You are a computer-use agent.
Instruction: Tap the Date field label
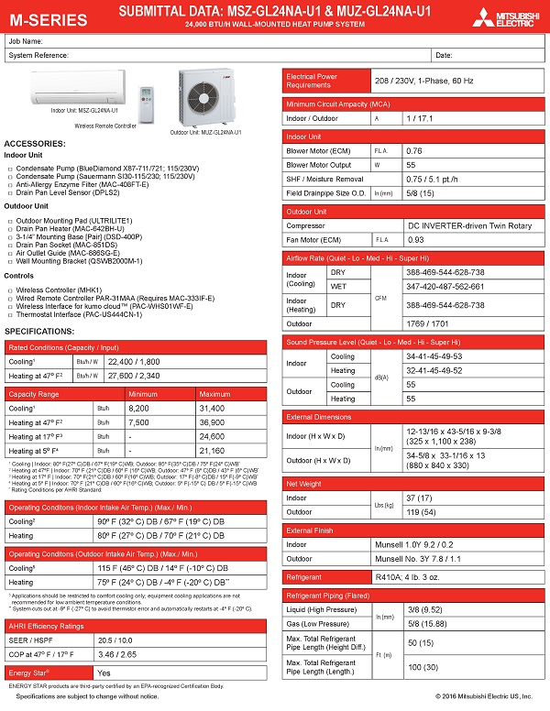444,55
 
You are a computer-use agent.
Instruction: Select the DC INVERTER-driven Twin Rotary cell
469,224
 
